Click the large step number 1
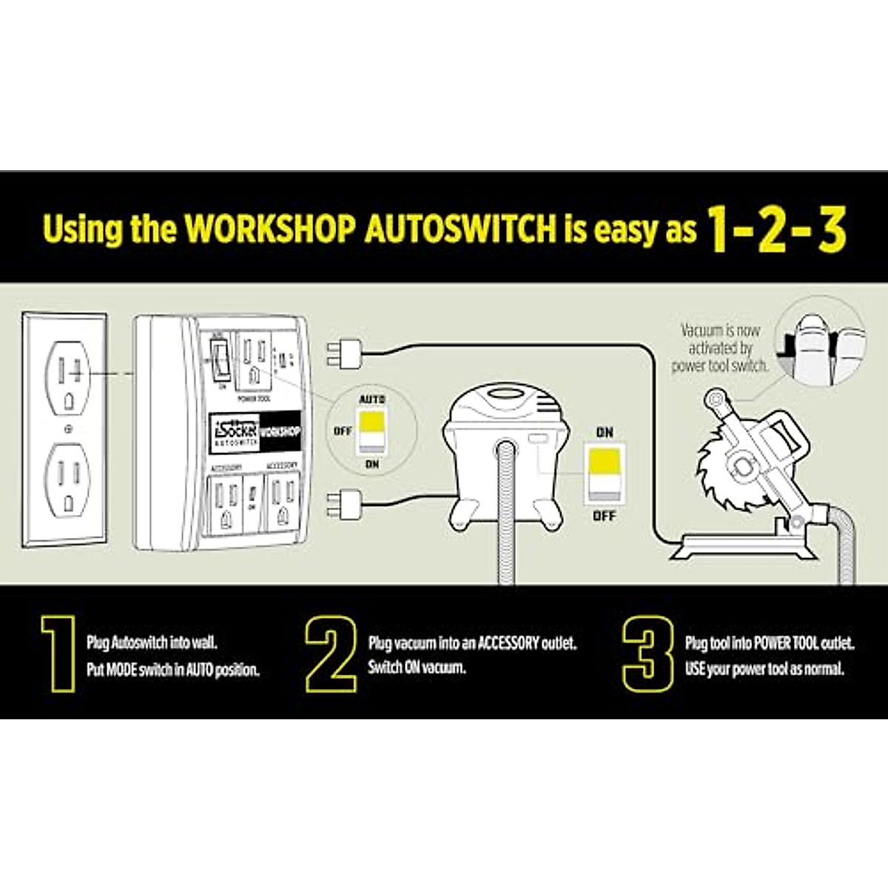pyautogui.click(x=58, y=653)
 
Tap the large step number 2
pyautogui.click(x=331, y=653)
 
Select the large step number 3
pyautogui.click(x=647, y=653)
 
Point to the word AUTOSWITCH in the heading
pyautogui.click(x=460, y=229)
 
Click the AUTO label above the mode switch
pyautogui.click(x=371, y=400)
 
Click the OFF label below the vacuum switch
pyautogui.click(x=605, y=515)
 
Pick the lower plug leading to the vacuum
pyautogui.click(x=343, y=506)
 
